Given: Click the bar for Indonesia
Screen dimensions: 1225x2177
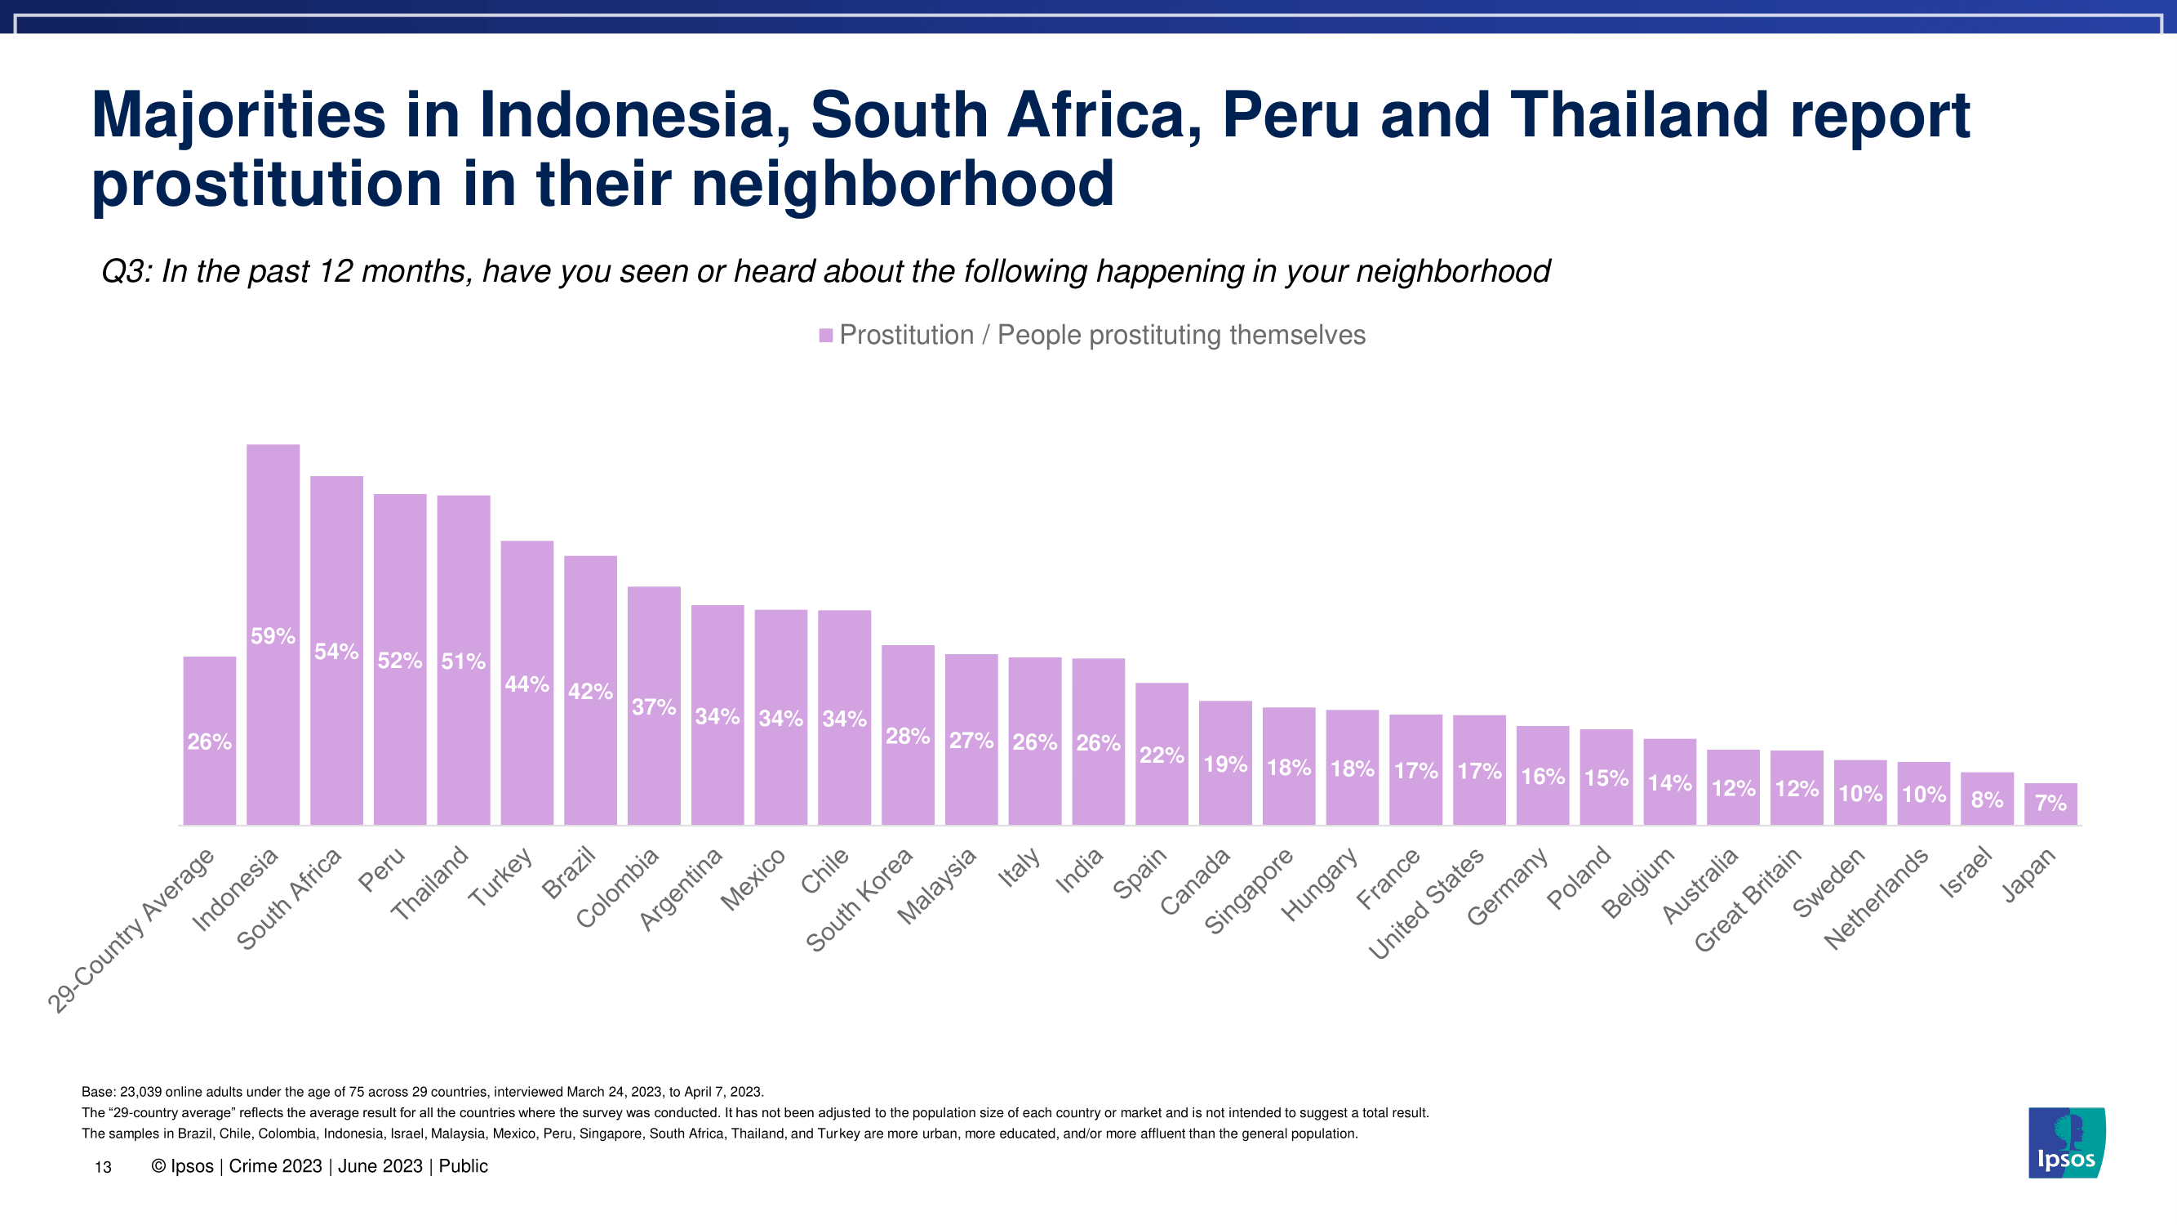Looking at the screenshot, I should (273, 634).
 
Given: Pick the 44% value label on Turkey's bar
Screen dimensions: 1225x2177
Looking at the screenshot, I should (526, 684).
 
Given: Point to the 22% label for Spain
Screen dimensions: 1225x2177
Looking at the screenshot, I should (1162, 755).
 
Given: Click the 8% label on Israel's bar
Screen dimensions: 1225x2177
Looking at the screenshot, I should (1987, 800).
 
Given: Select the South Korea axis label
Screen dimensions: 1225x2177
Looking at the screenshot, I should (860, 899).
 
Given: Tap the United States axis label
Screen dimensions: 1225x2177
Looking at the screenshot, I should (1428, 903).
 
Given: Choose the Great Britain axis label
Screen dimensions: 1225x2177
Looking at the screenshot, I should (1748, 899).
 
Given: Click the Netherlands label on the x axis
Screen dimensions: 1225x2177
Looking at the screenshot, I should (1877, 898).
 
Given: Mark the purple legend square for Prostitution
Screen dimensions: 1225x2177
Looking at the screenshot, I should (826, 336).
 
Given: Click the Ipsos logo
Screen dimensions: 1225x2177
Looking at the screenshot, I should (2066, 1143).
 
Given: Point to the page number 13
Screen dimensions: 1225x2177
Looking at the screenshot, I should (103, 1168).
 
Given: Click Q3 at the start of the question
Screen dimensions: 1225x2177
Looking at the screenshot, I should (125, 271).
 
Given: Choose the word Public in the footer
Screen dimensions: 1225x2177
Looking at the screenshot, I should (463, 1167).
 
